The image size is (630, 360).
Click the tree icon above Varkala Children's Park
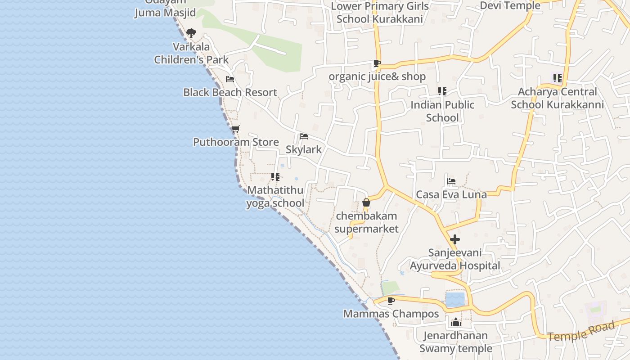191,33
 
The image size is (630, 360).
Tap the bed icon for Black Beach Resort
230,80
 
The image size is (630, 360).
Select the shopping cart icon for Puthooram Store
235,129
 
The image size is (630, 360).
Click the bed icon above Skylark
304,136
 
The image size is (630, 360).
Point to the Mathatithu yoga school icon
275,177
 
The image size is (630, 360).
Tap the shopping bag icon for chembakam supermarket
366,202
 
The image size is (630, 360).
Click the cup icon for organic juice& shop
377,63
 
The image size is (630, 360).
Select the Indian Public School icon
442,91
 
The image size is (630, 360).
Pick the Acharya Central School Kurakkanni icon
558,78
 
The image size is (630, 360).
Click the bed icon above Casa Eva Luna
451,181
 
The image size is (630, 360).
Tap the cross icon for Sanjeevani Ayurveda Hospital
455,239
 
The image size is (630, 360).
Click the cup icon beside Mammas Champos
391,300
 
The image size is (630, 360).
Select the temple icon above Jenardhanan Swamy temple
456,322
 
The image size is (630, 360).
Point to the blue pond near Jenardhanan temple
455,299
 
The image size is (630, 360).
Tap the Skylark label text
304,149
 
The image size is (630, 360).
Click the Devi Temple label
510,5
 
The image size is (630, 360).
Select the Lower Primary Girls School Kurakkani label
379,13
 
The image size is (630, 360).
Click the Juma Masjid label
165,12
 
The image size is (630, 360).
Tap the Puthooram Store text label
236,142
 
